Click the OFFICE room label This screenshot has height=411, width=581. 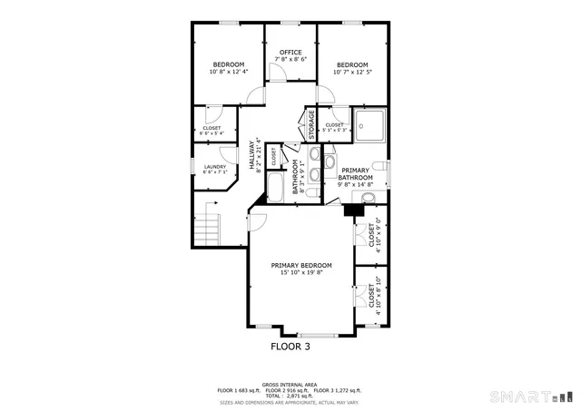(x=290, y=52)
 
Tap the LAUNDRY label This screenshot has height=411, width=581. (x=215, y=166)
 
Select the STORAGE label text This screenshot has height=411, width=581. (x=311, y=124)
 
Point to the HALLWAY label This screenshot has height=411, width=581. (x=252, y=155)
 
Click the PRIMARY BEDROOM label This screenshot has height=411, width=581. (x=301, y=265)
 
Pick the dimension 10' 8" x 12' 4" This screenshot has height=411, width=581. (x=229, y=72)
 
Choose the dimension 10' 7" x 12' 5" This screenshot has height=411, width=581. (x=352, y=72)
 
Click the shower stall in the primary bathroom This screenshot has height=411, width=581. (x=370, y=125)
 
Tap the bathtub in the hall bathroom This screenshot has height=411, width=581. (x=275, y=188)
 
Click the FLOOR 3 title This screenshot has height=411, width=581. (x=290, y=347)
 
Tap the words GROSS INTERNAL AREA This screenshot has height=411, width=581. (x=290, y=384)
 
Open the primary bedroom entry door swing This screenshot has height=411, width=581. (x=257, y=219)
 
